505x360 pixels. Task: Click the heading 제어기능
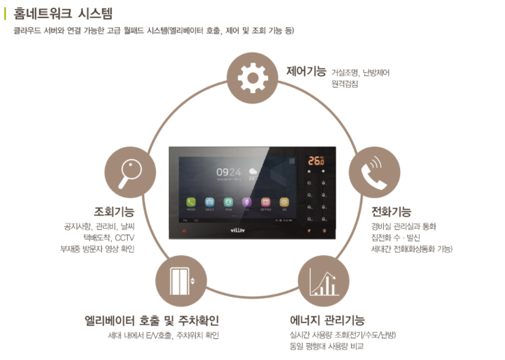pyautogui.click(x=306, y=72)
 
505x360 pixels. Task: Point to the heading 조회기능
pyautogui.click(x=114, y=212)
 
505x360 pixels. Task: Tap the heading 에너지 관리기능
pyautogui.click(x=327, y=320)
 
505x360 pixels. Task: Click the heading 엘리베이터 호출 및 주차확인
pyautogui.click(x=151, y=320)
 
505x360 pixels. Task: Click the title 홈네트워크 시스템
pyautogui.click(x=63, y=13)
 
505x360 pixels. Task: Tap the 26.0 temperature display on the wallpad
pyautogui.click(x=316, y=161)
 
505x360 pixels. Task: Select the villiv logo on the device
pyautogui.click(x=237, y=230)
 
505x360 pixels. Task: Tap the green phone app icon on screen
pyautogui.click(x=191, y=203)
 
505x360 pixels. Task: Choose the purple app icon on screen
pyautogui.click(x=246, y=203)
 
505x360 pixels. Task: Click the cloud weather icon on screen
pyautogui.click(x=254, y=172)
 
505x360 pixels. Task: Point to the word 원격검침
pyautogui.click(x=345, y=84)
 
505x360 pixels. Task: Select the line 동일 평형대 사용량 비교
pyautogui.click(x=327, y=347)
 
